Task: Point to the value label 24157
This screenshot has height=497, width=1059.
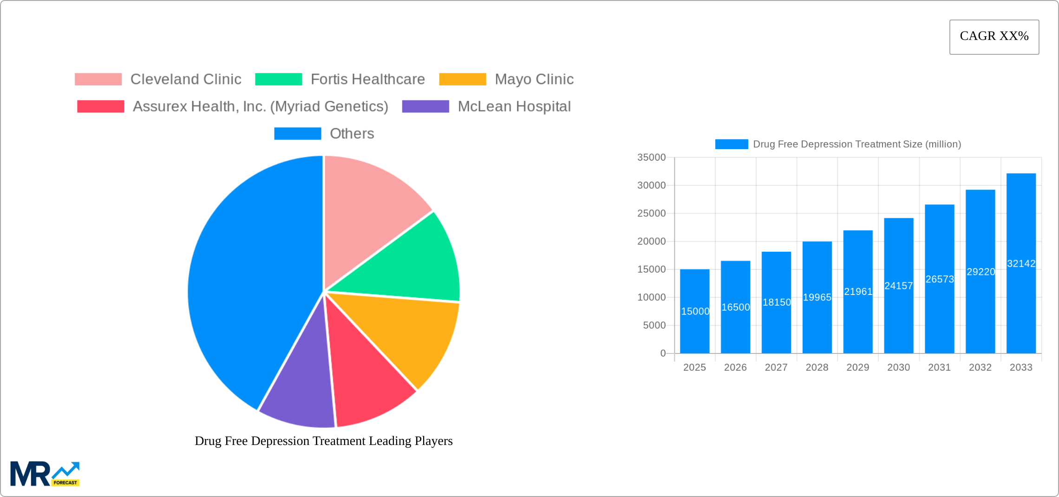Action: (898, 286)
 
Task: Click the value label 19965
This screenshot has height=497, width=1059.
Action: (817, 297)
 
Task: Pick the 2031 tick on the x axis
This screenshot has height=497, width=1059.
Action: (939, 367)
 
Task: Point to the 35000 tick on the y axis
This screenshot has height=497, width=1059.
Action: (651, 157)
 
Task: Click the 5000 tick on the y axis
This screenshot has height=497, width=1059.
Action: (654, 325)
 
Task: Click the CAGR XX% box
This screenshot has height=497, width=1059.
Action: (994, 37)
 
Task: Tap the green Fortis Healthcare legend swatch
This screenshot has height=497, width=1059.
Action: (279, 79)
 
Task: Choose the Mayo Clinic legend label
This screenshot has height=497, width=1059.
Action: (534, 79)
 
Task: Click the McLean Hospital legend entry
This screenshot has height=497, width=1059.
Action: (514, 106)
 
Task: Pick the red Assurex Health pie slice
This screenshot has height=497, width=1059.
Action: (367, 386)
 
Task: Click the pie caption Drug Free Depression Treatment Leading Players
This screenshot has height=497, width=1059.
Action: (323, 441)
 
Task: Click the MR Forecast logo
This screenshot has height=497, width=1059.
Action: (45, 474)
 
